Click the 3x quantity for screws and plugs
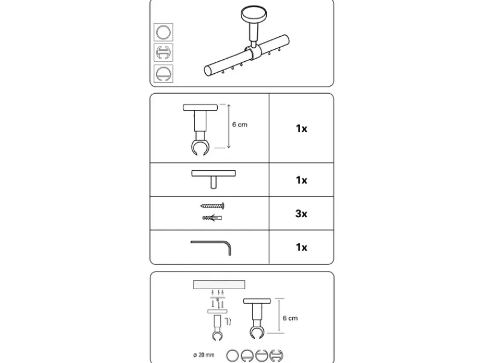(301, 214)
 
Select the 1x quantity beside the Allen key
(301, 247)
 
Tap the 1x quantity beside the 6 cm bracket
(301, 128)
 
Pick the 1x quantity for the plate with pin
(301, 180)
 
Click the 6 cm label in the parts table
(240, 125)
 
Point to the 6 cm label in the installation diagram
(290, 318)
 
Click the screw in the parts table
(212, 206)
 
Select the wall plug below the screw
(212, 218)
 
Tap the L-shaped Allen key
(211, 248)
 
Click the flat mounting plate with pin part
(214, 179)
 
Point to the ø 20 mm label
(204, 355)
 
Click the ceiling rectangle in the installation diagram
(219, 284)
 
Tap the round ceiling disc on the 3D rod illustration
(253, 14)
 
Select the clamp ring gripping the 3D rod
(253, 53)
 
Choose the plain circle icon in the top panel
(163, 32)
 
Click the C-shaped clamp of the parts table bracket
(200, 147)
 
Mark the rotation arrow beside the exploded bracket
(228, 321)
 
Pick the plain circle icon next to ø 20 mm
(232, 356)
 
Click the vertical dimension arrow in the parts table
(229, 126)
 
